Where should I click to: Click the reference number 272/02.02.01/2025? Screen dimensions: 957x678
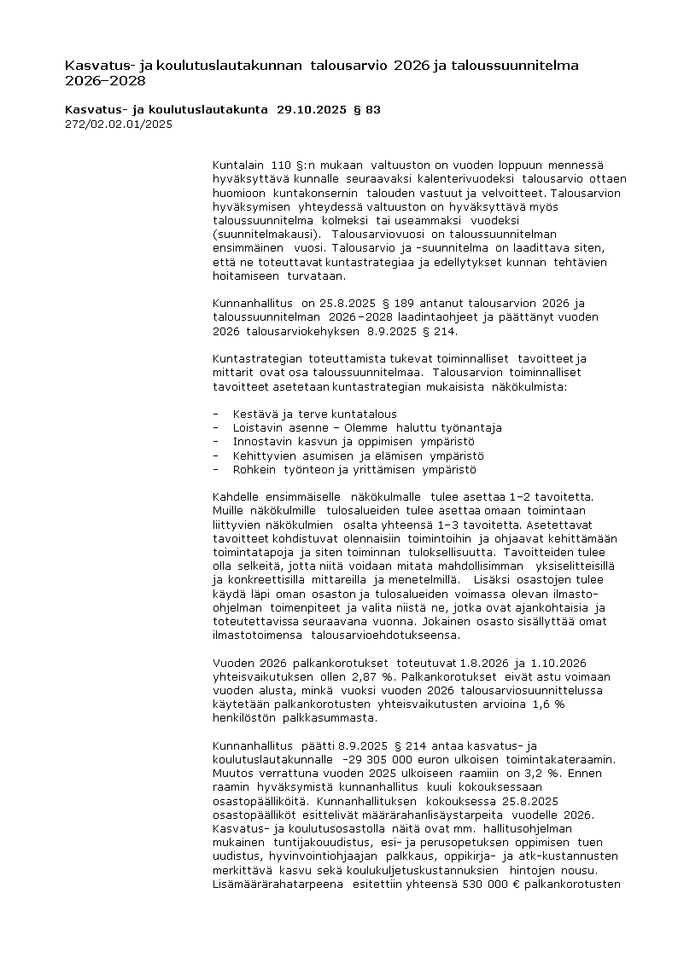(119, 124)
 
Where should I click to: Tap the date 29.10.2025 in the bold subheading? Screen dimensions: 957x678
(311, 109)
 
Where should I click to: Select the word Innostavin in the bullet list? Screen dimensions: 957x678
(262, 442)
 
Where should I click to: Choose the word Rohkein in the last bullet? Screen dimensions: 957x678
(254, 469)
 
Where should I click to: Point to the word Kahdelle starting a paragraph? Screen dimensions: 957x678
(238, 496)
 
